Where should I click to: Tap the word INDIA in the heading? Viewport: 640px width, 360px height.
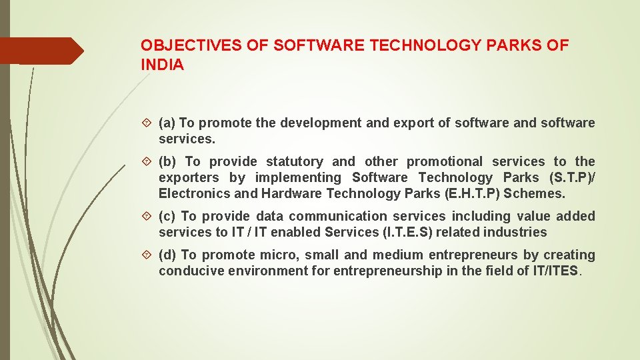coord(162,65)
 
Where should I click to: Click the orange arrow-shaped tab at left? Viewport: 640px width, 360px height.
coord(41,51)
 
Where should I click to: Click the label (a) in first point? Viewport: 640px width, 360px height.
coord(167,123)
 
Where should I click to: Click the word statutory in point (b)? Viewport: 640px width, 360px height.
coord(294,161)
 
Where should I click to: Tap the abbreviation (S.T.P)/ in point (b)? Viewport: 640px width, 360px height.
coord(571,177)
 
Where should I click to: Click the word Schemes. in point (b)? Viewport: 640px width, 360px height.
coord(536,193)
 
